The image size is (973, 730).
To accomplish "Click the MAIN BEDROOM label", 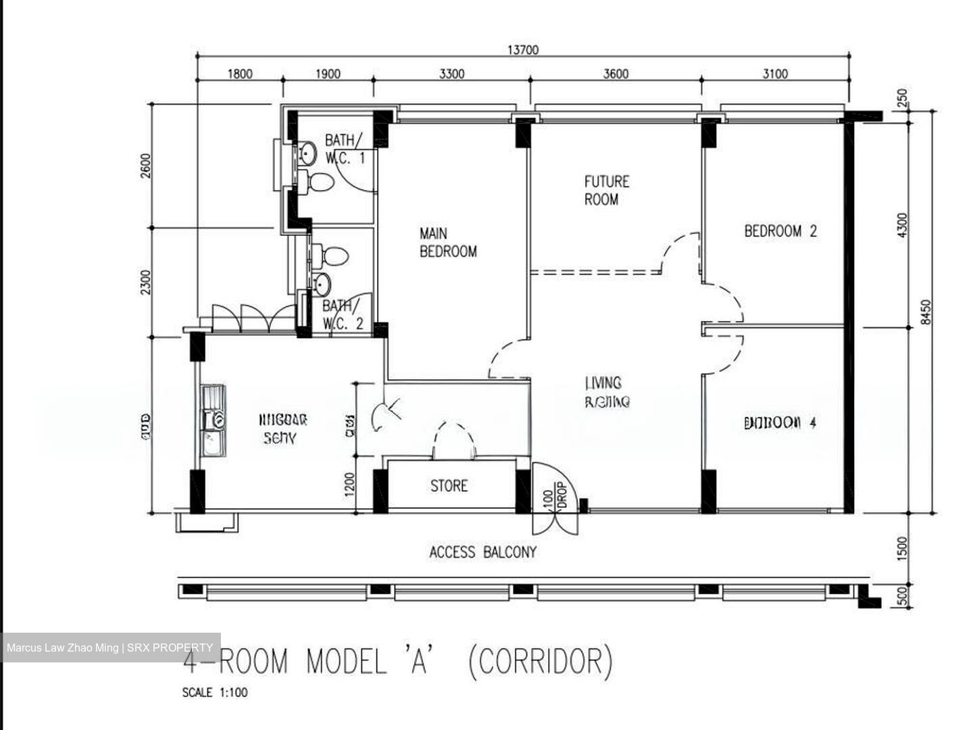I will click(447, 243).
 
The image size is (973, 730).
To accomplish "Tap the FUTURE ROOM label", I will click(606, 191).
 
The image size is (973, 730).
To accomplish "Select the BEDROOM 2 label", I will click(780, 231).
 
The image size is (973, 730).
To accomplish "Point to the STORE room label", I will click(449, 486).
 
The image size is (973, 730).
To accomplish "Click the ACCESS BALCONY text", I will click(482, 552).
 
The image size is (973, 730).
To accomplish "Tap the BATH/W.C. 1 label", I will click(345, 149).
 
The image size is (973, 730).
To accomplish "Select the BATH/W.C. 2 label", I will click(343, 315).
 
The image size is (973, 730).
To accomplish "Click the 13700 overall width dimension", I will click(522, 49).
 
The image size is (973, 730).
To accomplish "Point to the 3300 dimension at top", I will click(451, 74).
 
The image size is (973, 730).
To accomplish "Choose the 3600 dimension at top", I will click(616, 74).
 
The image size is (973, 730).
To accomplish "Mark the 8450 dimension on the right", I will click(926, 312).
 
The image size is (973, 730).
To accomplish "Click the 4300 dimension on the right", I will click(903, 225).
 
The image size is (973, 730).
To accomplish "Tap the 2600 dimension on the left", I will click(147, 166).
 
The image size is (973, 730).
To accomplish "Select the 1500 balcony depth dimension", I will click(903, 548).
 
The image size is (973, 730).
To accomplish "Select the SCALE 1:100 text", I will click(215, 693).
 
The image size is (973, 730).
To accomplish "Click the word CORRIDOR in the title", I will click(541, 662).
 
